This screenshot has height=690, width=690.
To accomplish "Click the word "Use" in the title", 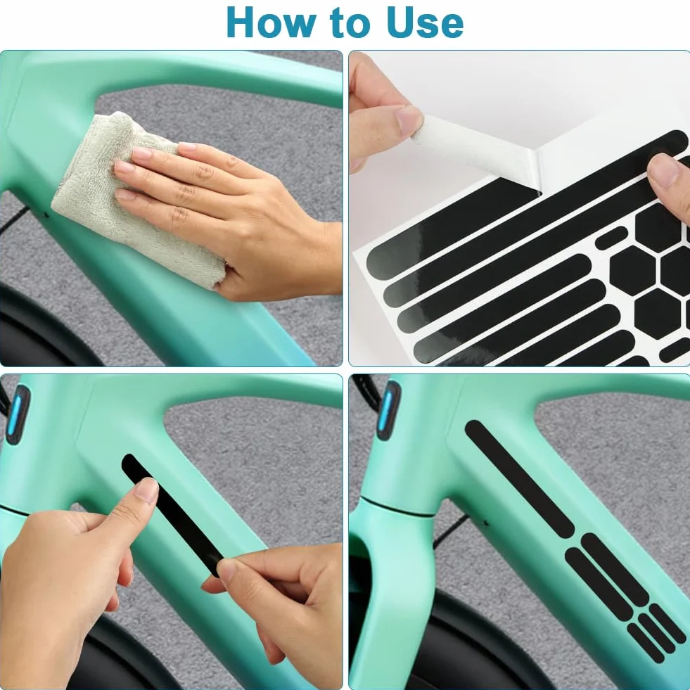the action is [x=425, y=23].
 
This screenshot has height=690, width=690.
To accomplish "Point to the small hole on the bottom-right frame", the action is [x=486, y=523].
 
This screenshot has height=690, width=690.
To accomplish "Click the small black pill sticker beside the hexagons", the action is [x=611, y=238].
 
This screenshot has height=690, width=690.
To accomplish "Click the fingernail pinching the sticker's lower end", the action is [x=228, y=570].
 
